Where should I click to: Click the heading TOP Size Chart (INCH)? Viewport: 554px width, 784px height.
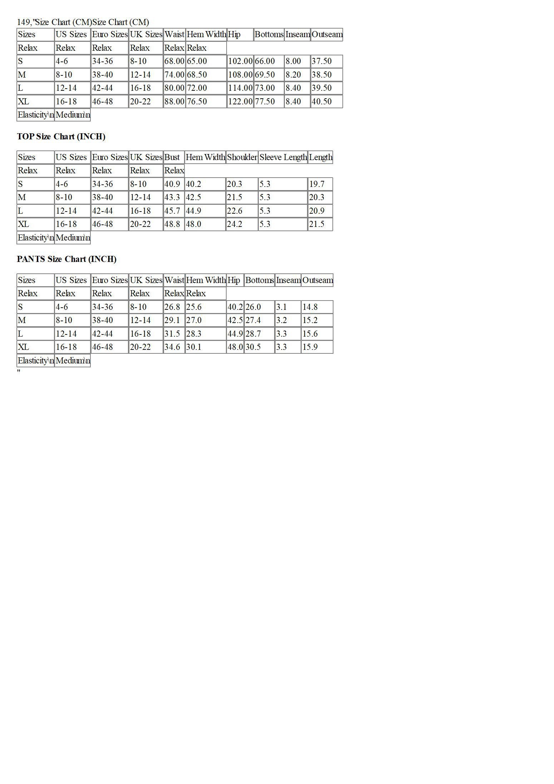[x=61, y=137]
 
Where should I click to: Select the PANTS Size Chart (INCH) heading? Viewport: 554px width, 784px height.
[x=66, y=259]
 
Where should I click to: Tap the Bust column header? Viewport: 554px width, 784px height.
[x=172, y=157]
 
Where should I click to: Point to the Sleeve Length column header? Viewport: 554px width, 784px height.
[x=283, y=157]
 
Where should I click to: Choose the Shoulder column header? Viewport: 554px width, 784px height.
[x=242, y=157]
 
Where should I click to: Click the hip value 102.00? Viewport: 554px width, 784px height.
[x=240, y=61]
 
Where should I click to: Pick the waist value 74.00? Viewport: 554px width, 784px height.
[x=174, y=75]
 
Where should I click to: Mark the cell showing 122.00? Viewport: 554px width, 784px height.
[x=240, y=101]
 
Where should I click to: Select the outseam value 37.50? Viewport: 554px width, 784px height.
[x=322, y=61]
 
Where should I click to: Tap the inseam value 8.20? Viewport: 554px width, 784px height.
[x=293, y=75]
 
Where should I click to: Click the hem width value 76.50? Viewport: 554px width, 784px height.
[x=197, y=101]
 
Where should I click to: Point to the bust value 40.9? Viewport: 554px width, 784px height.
[x=172, y=184]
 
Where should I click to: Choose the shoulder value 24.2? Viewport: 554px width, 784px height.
[x=234, y=224]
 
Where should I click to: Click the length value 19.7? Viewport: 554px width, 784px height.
[x=317, y=184]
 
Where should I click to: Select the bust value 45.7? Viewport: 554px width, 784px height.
[x=172, y=211]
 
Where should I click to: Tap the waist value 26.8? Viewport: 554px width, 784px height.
[x=172, y=307]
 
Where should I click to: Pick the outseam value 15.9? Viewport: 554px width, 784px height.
[x=310, y=347]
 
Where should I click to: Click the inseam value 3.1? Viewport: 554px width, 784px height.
[x=281, y=307]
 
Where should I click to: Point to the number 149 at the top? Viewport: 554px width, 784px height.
[x=24, y=22]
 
